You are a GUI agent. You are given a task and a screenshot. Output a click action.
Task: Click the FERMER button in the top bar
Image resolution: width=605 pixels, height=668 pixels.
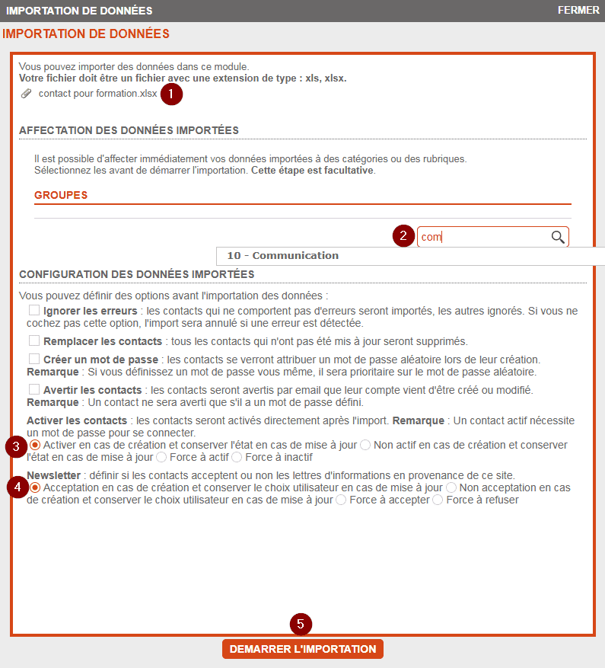[578, 11]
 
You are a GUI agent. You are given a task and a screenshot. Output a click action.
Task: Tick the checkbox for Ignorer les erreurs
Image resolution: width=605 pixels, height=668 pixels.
[34, 311]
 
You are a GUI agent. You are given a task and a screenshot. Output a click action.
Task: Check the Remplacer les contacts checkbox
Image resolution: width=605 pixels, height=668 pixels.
[34, 340]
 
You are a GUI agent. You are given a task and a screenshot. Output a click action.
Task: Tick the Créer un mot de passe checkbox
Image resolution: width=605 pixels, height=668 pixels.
[34, 359]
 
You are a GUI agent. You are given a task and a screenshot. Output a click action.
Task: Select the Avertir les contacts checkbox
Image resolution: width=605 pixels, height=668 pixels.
[34, 389]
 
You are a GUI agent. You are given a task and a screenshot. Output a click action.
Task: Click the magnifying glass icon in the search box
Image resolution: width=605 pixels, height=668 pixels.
[558, 237]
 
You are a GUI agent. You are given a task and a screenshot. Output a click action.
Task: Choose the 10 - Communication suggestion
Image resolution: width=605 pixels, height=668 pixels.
[283, 256]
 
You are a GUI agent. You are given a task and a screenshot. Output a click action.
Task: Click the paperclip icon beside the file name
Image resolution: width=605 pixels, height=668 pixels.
[27, 94]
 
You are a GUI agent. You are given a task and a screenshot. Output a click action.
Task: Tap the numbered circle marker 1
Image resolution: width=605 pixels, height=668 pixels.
[172, 94]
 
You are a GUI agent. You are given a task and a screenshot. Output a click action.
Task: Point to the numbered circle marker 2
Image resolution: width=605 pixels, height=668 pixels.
[403, 236]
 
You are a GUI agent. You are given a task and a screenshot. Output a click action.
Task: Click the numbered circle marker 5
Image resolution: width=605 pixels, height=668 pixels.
[301, 624]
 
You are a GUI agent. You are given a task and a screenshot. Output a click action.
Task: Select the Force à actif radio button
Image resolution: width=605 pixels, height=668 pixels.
[161, 458]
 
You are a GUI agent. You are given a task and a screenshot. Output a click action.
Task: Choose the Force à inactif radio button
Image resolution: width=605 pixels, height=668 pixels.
[237, 458]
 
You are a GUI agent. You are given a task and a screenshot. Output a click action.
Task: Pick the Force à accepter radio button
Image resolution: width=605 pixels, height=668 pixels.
[341, 500]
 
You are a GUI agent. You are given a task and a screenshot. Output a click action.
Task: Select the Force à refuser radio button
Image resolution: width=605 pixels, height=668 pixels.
[438, 500]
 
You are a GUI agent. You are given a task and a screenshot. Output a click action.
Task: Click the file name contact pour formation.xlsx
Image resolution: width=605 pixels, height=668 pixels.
[98, 94]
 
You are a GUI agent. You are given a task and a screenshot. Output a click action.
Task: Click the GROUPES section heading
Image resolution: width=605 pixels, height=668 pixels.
[61, 195]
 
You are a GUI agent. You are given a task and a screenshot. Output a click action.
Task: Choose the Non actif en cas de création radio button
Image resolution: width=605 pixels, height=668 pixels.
[365, 445]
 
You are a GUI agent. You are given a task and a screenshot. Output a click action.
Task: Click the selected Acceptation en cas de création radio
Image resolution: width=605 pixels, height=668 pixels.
[36, 487]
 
